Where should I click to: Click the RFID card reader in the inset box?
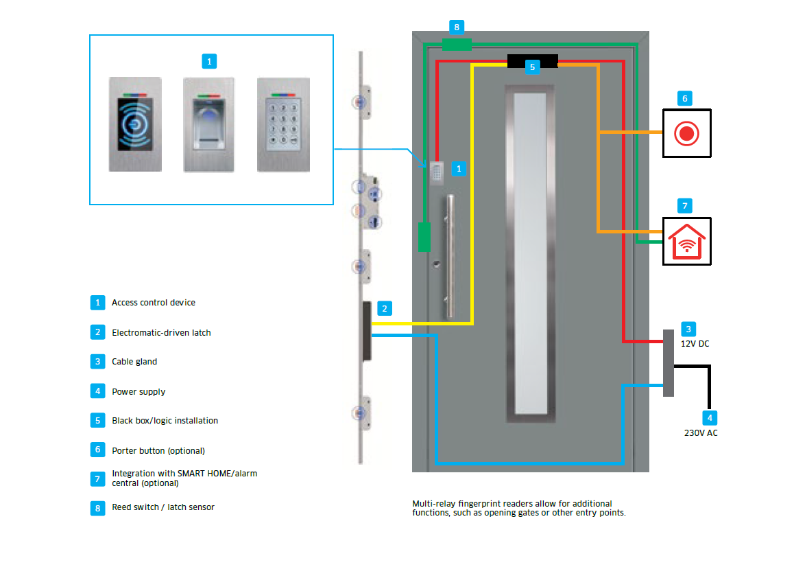[x=135, y=124]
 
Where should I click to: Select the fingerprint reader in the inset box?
[x=209, y=124]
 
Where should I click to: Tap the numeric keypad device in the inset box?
[x=283, y=124]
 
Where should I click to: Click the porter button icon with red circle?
[x=686, y=133]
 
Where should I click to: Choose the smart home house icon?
[x=686, y=242]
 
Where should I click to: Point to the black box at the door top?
[x=532, y=60]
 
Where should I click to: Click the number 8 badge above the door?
[x=457, y=27]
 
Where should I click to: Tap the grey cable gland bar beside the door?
[x=669, y=362]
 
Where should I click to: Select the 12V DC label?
[x=695, y=343]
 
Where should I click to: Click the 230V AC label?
[x=701, y=433]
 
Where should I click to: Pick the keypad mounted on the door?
[x=437, y=172]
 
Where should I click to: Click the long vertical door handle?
[x=450, y=257]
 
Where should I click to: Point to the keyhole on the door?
[x=435, y=264]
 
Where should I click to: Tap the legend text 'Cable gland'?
[x=134, y=362]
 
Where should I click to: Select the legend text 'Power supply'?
[x=139, y=392]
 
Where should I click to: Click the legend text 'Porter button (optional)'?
[x=158, y=451]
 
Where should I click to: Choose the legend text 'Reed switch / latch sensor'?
[x=163, y=507]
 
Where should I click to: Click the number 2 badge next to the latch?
[x=385, y=309]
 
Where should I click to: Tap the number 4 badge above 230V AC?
[x=710, y=417]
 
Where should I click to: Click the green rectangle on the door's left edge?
[x=424, y=237]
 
